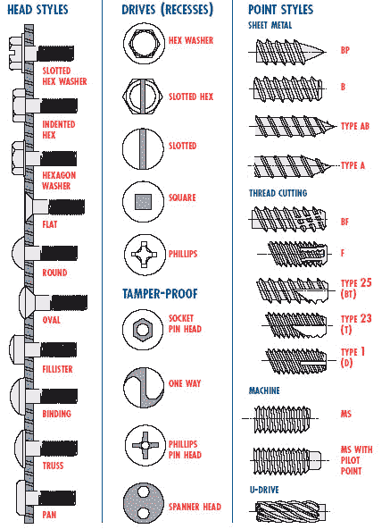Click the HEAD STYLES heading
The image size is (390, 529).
coord(37,10)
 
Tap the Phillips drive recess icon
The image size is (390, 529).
coord(145,255)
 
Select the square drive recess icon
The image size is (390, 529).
coord(144,201)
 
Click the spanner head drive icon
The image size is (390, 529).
coord(144,503)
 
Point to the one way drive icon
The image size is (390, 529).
coord(144,387)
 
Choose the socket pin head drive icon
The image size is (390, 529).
coord(143,329)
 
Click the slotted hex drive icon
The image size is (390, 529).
coord(143,97)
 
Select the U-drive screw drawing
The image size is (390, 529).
coord(291,511)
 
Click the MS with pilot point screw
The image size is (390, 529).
coord(286,460)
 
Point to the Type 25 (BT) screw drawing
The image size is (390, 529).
coord(293,290)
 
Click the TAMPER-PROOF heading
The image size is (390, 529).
coord(160,293)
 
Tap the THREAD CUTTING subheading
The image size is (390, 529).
coord(278,193)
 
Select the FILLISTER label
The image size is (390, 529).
coord(57,369)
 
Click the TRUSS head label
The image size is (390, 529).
coord(53,466)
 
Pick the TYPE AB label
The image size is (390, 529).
coord(355,126)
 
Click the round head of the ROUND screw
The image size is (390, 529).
coord(20,253)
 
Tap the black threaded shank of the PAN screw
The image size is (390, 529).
coord(58,498)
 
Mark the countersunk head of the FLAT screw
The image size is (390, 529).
coord(29,206)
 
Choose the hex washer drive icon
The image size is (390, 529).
coord(144,44)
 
